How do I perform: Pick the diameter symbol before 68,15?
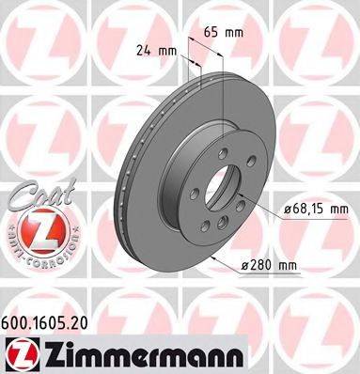(x=285, y=208)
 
